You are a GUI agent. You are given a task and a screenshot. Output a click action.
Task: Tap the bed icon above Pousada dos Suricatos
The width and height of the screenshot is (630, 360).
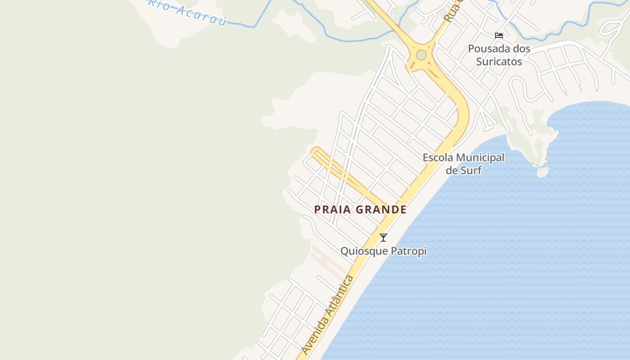[499, 35]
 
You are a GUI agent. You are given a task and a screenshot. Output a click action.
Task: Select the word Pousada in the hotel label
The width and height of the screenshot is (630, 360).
[488, 49]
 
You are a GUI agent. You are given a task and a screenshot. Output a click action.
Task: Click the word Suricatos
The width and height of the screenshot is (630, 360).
[499, 61]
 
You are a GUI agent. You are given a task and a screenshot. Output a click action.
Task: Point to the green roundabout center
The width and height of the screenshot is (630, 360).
[421, 55]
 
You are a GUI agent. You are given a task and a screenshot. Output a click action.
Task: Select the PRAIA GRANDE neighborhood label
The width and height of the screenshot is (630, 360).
[360, 210]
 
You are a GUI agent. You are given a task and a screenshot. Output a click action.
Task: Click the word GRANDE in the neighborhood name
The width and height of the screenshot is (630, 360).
[381, 210]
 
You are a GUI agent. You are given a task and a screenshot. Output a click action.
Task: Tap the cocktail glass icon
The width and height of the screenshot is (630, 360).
[383, 238]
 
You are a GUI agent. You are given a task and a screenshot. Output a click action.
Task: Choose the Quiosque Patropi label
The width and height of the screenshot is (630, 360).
[383, 251]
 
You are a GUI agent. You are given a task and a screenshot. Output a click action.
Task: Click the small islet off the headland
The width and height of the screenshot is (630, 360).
[543, 172]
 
